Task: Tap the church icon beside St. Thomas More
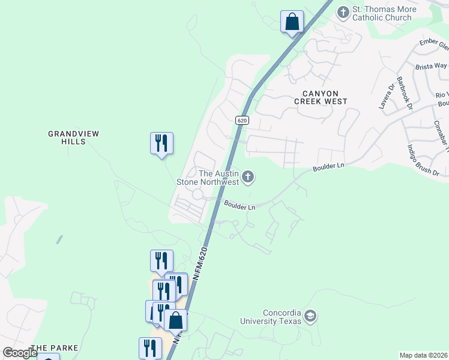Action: (x=343, y=11)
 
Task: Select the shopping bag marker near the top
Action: (x=292, y=22)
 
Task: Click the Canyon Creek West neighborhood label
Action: (x=321, y=98)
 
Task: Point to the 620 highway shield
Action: (x=242, y=120)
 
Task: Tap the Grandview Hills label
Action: (x=74, y=137)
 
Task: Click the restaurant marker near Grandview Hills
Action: (x=161, y=143)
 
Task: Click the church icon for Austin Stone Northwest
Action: (x=249, y=177)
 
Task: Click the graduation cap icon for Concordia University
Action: (x=310, y=316)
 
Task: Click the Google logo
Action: (x=20, y=353)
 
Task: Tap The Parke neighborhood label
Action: (x=55, y=348)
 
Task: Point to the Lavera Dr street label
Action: (x=385, y=96)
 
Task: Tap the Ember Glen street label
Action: (x=435, y=45)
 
